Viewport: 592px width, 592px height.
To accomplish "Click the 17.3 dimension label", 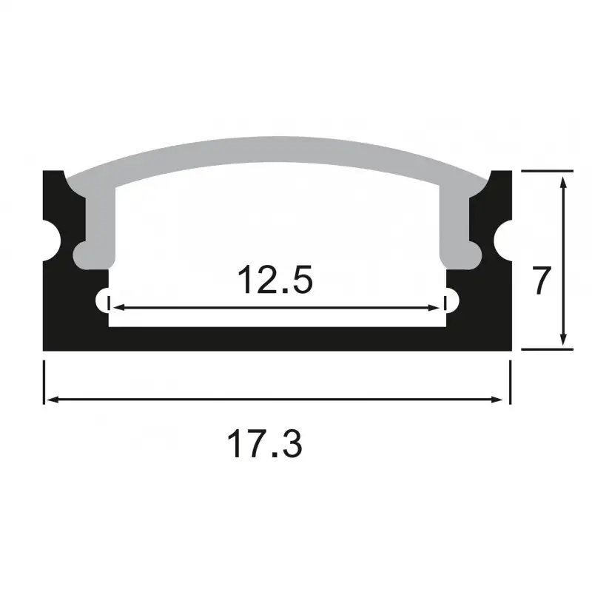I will tap(264, 445).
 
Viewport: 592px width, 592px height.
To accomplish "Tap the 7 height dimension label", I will tap(542, 282).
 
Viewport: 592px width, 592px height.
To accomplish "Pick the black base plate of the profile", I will tap(277, 338).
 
